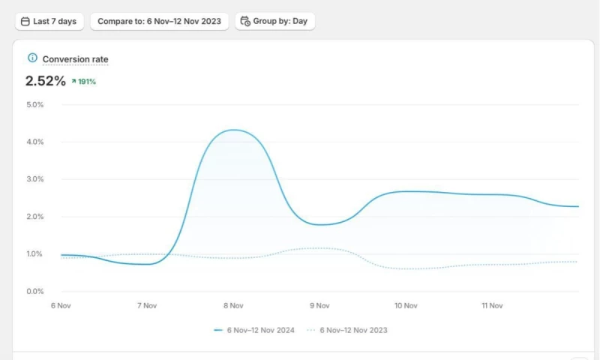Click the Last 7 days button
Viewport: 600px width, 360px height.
click(49, 21)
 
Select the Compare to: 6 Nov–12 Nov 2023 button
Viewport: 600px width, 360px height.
click(159, 21)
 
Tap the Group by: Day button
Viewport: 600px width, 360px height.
click(274, 21)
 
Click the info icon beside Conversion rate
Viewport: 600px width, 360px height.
click(32, 58)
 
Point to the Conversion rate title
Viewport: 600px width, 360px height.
click(75, 58)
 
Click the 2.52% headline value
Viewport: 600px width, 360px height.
click(45, 81)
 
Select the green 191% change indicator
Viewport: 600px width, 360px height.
click(84, 82)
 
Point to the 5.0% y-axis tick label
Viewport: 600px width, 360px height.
click(35, 104)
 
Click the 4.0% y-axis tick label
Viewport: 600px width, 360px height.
click(35, 142)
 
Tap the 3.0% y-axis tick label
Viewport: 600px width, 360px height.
click(35, 179)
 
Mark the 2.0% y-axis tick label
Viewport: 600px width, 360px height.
click(35, 217)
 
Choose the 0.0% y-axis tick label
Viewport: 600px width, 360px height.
click(35, 291)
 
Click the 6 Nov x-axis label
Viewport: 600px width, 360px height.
click(61, 306)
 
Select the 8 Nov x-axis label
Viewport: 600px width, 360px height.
click(233, 306)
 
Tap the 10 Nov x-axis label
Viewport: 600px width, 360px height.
click(406, 306)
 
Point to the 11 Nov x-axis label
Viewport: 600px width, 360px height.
click(492, 306)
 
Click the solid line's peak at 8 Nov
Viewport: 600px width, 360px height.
click(234, 130)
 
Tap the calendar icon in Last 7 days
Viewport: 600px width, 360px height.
click(25, 21)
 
